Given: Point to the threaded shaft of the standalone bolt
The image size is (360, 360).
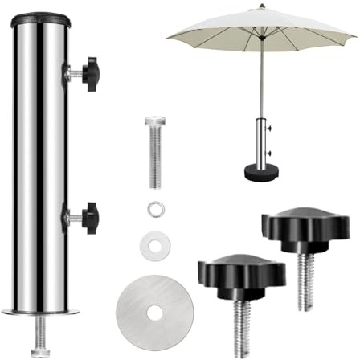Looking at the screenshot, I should pyautogui.click(x=155, y=161).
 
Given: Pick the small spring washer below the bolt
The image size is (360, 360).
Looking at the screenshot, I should pyautogui.click(x=154, y=210).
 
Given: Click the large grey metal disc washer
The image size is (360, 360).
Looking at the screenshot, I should pyautogui.click(x=154, y=309).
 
